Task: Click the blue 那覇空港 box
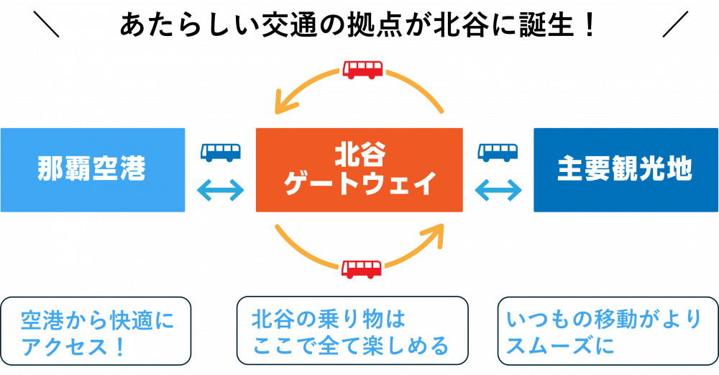pos(92,170)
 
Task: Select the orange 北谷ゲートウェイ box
pos(359,170)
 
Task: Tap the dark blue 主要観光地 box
pos(626,170)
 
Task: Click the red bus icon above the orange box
pos(362,70)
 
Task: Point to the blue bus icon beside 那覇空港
pos(221,152)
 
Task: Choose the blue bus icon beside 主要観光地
pos(498,152)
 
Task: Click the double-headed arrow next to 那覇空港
pos(221,190)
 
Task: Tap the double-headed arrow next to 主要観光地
pos(498,190)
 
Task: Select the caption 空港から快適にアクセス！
pos(97,333)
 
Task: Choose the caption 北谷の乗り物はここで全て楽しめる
pos(350,332)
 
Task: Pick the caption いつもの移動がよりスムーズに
pos(603,332)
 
